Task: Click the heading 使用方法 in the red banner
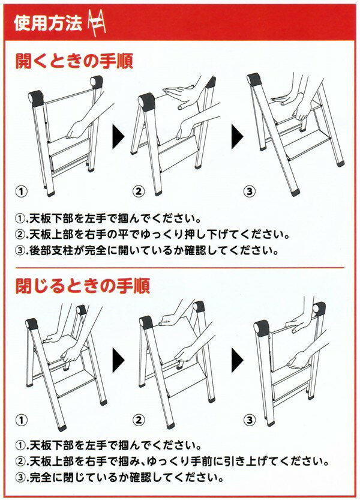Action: [x=47, y=23]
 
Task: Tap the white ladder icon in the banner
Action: [x=96, y=23]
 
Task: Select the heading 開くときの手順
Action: [x=74, y=61]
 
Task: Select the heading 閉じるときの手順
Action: [x=83, y=286]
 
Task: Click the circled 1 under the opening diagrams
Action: [x=22, y=191]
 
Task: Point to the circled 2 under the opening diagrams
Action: [x=139, y=191]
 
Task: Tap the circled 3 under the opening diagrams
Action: [x=250, y=191]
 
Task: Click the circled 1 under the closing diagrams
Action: [x=22, y=420]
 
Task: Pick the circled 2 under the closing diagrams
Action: [x=139, y=420]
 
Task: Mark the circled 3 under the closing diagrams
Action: [x=250, y=420]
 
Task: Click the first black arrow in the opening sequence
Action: [x=118, y=137]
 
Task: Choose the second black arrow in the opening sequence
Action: [x=237, y=137]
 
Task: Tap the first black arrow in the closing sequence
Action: [x=118, y=360]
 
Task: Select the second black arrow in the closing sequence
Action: [x=237, y=360]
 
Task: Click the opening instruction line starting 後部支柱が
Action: [x=146, y=250]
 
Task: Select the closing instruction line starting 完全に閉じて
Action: [x=119, y=478]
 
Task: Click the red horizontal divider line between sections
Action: [x=180, y=267]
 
